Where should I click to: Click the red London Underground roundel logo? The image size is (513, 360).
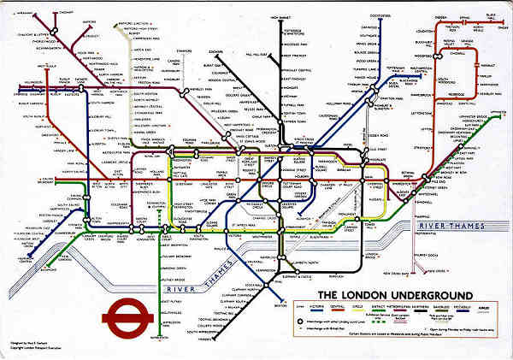[x=127, y=319]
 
